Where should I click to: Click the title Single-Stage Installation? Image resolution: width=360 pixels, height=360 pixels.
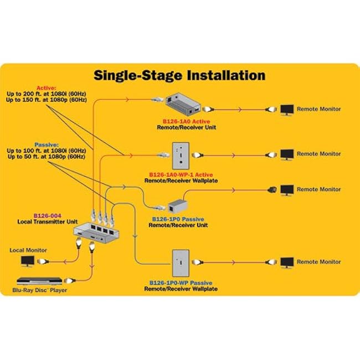pyautogui.click(x=179, y=75)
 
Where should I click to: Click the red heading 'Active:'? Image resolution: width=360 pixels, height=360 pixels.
pyautogui.click(x=46, y=88)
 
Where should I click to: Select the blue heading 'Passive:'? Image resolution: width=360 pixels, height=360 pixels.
pyautogui.click(x=47, y=145)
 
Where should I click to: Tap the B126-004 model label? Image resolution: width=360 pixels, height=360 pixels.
pyautogui.click(x=48, y=215)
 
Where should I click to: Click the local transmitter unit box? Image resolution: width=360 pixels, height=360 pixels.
pyautogui.click(x=96, y=232)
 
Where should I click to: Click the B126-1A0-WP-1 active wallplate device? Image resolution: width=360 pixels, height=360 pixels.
pyautogui.click(x=181, y=156)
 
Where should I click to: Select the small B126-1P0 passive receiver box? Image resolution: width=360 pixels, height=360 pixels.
pyautogui.click(x=177, y=205)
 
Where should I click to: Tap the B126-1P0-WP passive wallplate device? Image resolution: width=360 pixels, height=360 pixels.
pyautogui.click(x=181, y=263)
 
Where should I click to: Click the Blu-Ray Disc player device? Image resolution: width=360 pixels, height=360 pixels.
pyautogui.click(x=39, y=281)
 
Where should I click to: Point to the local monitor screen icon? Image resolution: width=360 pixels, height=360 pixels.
pyautogui.click(x=28, y=261)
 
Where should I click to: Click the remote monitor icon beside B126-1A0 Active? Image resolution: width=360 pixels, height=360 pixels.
pyautogui.click(x=287, y=110)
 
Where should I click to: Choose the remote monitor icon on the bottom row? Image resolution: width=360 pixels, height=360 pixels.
pyautogui.click(x=287, y=263)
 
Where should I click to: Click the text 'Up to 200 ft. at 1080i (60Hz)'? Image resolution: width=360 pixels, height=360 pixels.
pyautogui.click(x=47, y=94)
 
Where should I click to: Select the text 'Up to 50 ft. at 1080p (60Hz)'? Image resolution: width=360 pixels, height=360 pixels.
pyautogui.click(x=47, y=157)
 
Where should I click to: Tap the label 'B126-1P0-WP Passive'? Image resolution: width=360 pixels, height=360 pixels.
pyautogui.click(x=181, y=283)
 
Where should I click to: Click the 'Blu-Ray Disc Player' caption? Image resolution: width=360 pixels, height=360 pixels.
pyautogui.click(x=39, y=290)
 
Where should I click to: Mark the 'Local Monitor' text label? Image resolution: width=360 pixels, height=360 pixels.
pyautogui.click(x=28, y=250)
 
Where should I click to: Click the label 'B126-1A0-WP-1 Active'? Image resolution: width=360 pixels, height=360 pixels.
pyautogui.click(x=181, y=174)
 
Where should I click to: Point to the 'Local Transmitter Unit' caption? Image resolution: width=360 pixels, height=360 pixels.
pyautogui.click(x=48, y=222)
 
